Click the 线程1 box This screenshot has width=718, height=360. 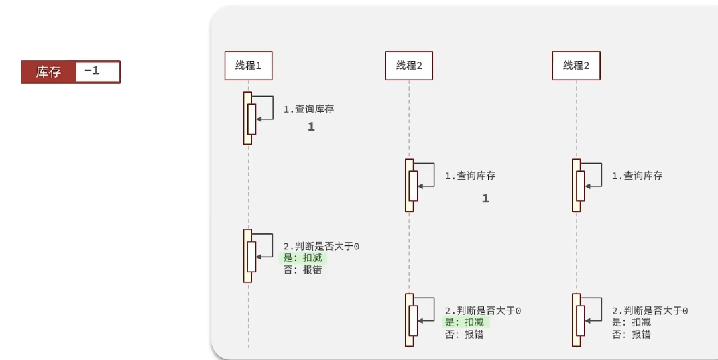tap(248, 66)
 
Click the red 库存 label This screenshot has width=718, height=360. tap(48, 72)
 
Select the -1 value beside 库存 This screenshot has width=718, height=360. tap(93, 71)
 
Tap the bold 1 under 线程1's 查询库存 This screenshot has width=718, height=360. tap(311, 127)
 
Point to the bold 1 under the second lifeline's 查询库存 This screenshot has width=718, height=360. tap(485, 198)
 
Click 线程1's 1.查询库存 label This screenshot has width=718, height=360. tap(308, 109)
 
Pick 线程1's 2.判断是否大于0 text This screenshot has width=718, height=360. tap(321, 247)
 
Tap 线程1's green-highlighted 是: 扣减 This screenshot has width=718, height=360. tap(303, 258)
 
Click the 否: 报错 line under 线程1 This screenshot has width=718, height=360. tap(302, 269)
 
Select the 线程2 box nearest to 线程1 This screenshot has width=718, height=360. tap(409, 66)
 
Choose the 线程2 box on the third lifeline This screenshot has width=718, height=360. tap(576, 66)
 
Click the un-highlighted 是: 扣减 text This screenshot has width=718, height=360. tap(631, 322)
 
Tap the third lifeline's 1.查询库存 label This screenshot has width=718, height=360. tap(637, 176)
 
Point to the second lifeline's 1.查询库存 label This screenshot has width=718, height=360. tap(470, 176)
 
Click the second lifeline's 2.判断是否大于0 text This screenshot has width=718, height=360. tap(483, 311)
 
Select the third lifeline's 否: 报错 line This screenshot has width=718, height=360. tap(631, 334)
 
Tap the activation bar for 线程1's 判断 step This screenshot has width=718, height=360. tap(247, 255)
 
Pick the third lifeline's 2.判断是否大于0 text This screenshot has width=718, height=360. tap(650, 311)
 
